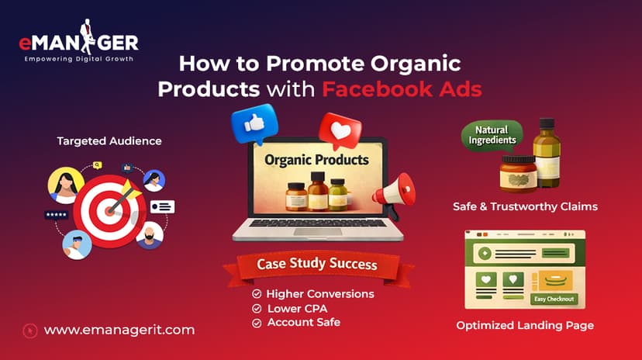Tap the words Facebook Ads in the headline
coord(402,88)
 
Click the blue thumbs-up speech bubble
coord(254,124)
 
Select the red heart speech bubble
coord(340,133)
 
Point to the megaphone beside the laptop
coord(394,193)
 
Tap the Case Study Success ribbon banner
coord(316,265)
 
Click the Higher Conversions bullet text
coord(319,294)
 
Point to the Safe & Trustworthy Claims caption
coord(525,207)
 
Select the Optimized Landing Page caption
coord(525,325)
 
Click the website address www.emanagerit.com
coord(119,330)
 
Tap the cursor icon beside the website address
coord(30,330)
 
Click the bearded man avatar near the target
coord(149,235)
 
